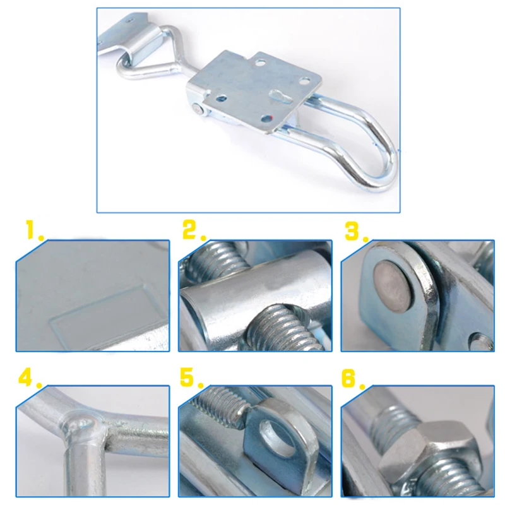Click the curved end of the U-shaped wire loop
point(385,158)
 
